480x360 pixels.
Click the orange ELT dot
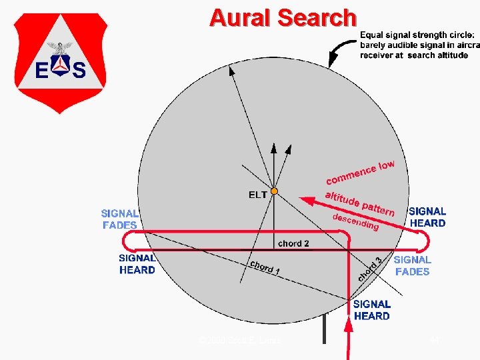click(274, 192)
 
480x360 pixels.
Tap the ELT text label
click(258, 195)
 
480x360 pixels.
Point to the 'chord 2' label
click(293, 243)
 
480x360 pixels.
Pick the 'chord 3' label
click(370, 269)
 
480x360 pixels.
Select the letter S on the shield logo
click(79, 69)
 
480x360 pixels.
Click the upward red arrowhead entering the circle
click(347, 323)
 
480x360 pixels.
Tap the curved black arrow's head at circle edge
click(331, 63)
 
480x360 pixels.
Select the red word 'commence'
click(350, 175)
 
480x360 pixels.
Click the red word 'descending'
click(355, 222)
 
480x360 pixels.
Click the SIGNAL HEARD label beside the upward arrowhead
click(372, 310)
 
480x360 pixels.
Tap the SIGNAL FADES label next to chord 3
click(412, 265)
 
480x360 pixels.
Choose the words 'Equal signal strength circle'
click(417, 35)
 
